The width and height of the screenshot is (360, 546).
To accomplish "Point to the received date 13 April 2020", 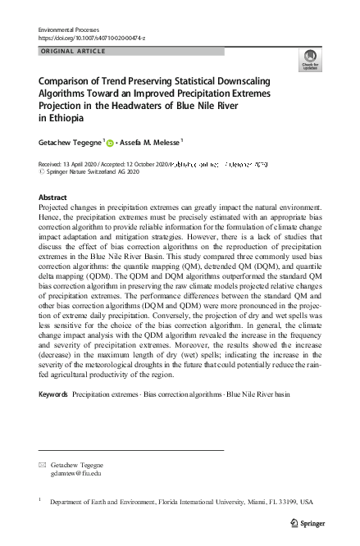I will [x=82, y=164].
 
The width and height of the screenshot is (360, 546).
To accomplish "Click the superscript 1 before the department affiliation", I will [x=40, y=499].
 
